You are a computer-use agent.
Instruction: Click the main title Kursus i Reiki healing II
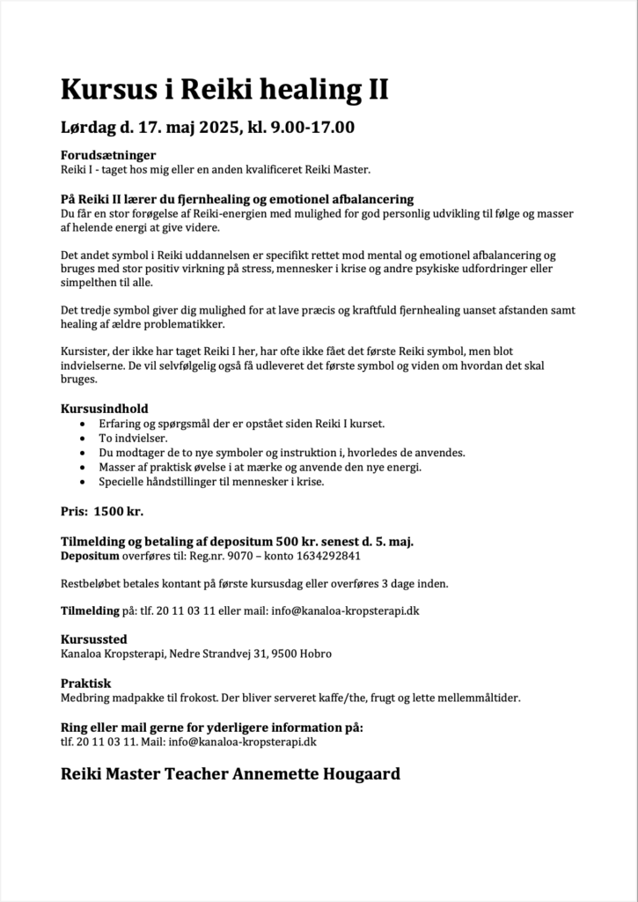coord(224,89)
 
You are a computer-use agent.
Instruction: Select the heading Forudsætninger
coord(107,155)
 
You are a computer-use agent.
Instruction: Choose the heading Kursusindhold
coord(104,409)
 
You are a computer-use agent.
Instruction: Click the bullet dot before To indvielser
coord(83,438)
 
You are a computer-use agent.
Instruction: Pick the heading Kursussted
coord(93,639)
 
